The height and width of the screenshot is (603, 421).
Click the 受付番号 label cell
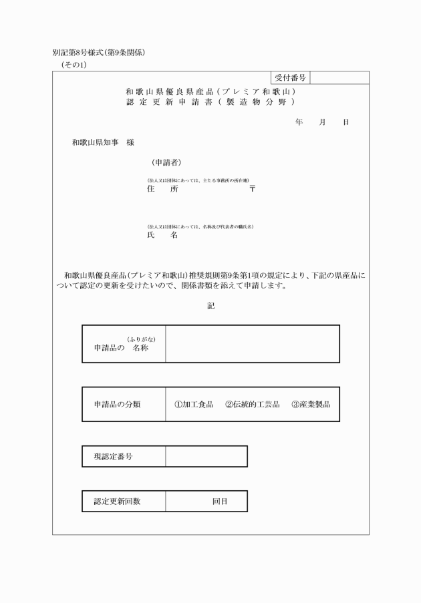(x=290, y=78)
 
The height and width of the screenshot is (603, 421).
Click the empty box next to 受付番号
(x=339, y=78)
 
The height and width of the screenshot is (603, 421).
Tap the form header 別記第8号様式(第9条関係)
(x=98, y=53)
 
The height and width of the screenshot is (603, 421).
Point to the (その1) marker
(x=74, y=65)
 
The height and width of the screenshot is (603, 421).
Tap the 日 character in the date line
(x=345, y=123)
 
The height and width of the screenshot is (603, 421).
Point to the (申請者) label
(x=166, y=162)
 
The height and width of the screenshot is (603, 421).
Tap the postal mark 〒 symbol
(x=253, y=189)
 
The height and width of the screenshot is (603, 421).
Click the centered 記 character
(x=211, y=307)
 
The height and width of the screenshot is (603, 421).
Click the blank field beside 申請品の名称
(x=252, y=344)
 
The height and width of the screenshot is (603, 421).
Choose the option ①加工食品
(x=194, y=405)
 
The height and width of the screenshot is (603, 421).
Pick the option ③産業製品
(x=311, y=405)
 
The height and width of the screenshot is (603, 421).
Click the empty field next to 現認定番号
(x=206, y=457)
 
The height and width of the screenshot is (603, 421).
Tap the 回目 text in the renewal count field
(x=220, y=501)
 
